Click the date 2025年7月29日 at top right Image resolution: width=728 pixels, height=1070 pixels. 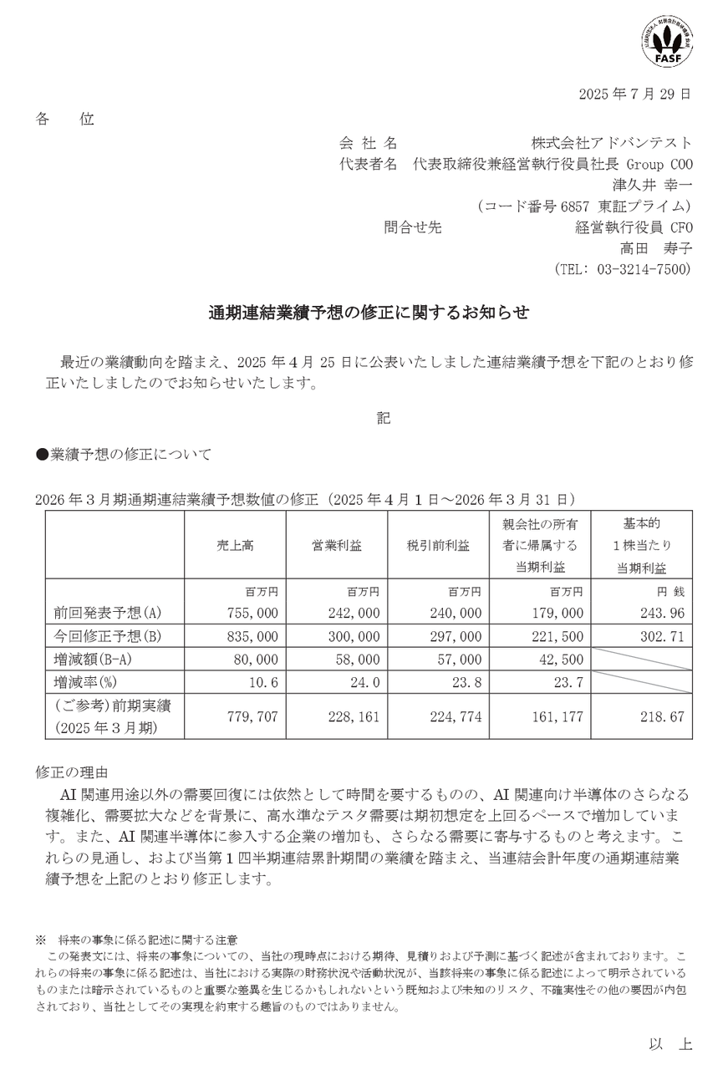pos(634,94)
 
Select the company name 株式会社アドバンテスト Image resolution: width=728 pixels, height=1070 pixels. pos(611,143)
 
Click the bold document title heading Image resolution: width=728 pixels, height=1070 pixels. pos(368,313)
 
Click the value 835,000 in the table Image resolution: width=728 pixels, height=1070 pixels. pos(252,635)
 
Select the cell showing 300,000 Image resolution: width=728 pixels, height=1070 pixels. pos(354,635)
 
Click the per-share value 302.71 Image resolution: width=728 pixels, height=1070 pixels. pos(664,635)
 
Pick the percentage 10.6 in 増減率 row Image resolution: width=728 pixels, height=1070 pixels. pos(263,682)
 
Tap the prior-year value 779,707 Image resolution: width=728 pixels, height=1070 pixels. pos(252,716)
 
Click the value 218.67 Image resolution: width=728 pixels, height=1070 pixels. pos(664,716)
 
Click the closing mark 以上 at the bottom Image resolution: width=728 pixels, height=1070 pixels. pos(670,1044)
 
